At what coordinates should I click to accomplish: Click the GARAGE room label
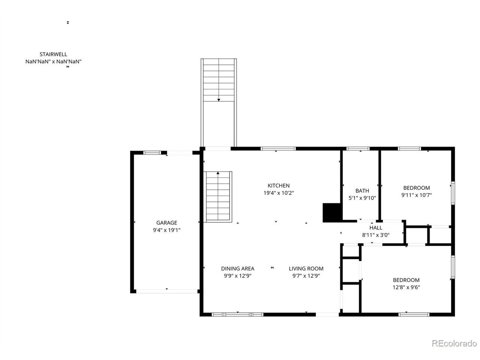(x=166, y=222)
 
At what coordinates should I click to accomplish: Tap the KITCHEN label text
(x=278, y=186)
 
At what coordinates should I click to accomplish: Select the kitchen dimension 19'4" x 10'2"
(x=278, y=193)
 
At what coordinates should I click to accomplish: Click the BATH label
(x=362, y=190)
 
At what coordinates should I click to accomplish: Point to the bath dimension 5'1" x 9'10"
(x=362, y=198)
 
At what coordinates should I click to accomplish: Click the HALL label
(x=376, y=228)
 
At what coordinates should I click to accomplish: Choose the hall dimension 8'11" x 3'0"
(x=376, y=235)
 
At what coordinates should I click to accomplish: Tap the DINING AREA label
(x=237, y=268)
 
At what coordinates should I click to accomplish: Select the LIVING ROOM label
(x=306, y=268)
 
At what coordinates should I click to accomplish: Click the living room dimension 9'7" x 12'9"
(x=306, y=276)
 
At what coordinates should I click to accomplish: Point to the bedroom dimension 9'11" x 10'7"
(x=416, y=195)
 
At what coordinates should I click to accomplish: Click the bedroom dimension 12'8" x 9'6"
(x=406, y=287)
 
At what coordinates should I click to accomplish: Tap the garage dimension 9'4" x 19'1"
(x=166, y=230)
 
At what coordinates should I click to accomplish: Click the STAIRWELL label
(x=53, y=54)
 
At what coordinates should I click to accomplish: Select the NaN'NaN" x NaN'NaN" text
(x=53, y=61)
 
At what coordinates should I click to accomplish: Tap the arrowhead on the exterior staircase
(x=219, y=100)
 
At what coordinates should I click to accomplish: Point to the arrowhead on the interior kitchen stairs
(x=218, y=173)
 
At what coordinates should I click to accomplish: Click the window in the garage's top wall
(x=152, y=153)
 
